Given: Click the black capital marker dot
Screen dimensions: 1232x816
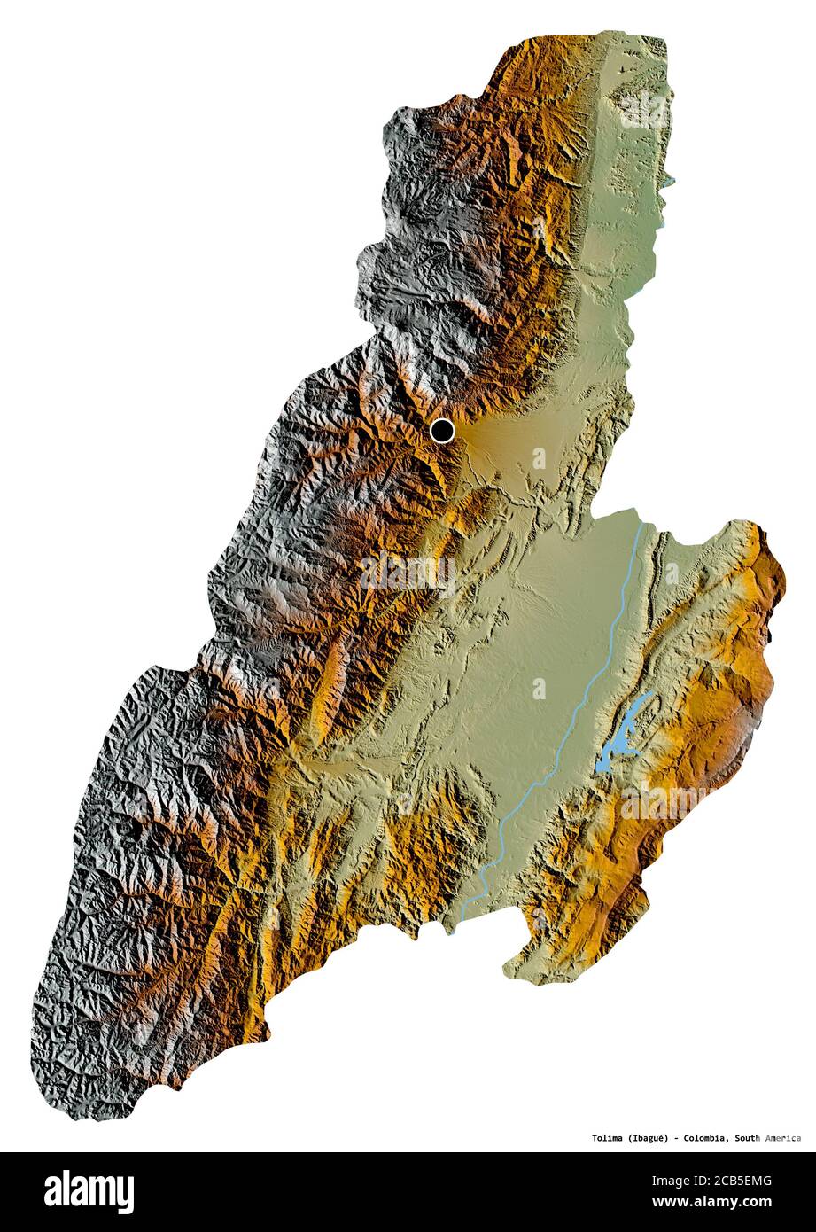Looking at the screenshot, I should tap(442, 431).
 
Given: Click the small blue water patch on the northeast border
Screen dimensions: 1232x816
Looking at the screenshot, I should tap(668, 183).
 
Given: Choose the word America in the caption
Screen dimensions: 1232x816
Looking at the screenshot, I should tap(785, 1138).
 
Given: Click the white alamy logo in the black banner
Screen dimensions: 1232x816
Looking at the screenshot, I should tap(89, 1192).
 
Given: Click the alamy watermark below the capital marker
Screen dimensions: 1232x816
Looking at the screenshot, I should tap(408, 573).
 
